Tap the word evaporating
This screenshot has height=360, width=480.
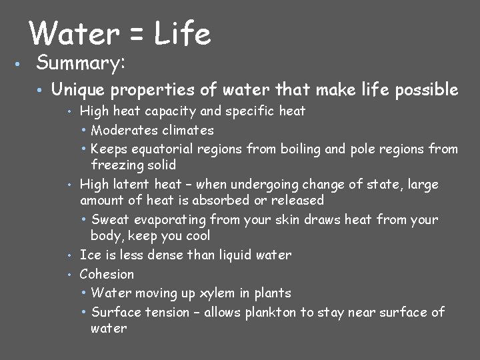(x=171, y=220)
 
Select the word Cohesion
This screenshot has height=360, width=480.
(x=107, y=274)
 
